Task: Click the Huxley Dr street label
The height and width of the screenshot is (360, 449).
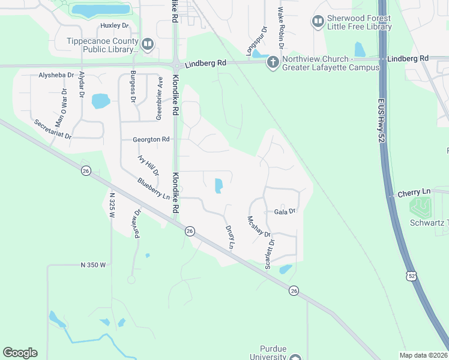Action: [115, 26]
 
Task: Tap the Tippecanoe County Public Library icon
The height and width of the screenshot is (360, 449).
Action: [147, 43]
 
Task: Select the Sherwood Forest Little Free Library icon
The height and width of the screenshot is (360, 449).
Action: [318, 22]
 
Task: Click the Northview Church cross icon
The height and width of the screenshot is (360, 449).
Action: [273, 62]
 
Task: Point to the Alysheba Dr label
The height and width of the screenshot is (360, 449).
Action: [56, 76]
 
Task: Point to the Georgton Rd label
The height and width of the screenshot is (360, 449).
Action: [151, 139]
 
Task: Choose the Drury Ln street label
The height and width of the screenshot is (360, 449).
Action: [229, 236]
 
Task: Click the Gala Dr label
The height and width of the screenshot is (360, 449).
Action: [285, 211]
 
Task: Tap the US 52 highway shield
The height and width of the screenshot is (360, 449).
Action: [410, 275]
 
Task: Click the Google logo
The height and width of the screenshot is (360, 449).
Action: [20, 353]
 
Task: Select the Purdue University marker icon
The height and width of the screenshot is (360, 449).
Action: [295, 358]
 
